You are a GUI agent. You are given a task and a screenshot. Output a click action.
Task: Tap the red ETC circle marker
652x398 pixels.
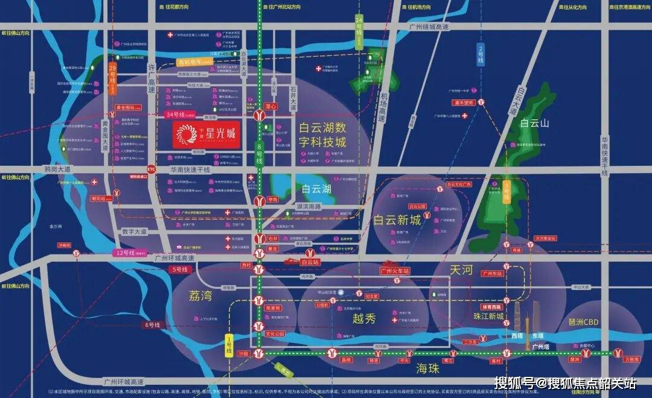click(150, 170)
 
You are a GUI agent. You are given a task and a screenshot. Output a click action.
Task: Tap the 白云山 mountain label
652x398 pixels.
click(534, 123)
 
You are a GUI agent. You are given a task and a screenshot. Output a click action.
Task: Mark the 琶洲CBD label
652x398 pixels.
click(583, 322)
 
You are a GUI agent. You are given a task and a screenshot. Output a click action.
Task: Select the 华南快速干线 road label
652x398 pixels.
click(190, 170)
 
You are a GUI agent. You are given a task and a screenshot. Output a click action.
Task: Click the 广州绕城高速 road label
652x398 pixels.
click(429, 27)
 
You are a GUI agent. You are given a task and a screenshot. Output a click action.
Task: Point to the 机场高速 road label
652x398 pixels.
click(382, 109)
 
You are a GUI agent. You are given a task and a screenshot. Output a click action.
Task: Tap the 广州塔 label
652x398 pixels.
click(541, 347)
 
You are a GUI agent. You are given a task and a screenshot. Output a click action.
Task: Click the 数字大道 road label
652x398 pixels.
click(134, 231)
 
